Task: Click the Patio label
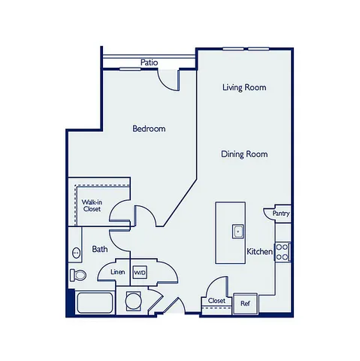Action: pos(149,62)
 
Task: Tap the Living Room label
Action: pos(244,87)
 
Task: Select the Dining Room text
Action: pos(244,154)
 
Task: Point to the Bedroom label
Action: pos(149,129)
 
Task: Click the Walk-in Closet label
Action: pos(92,205)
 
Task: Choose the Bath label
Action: pos(100,249)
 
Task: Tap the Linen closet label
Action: pos(118,272)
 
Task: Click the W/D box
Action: pos(140,272)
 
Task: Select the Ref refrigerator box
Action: pos(245,304)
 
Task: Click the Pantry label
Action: pos(281,214)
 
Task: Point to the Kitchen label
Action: pos(259,251)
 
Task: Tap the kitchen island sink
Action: pos(237,232)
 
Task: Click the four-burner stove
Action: pos(283,252)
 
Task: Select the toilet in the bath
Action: pos(78,275)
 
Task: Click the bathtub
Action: pos(95,302)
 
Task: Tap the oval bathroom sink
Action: pos(76,253)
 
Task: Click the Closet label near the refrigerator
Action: pos(216,301)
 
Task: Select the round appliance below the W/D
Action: pos(133,301)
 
